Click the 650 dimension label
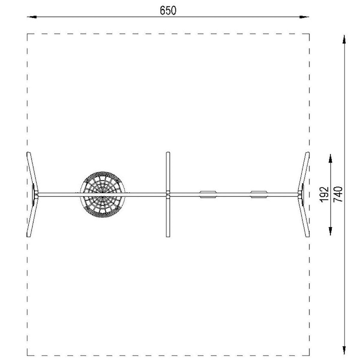pyautogui.click(x=168, y=10)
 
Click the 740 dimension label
pyautogui.click(x=338, y=194)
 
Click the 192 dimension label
pyautogui.click(x=324, y=194)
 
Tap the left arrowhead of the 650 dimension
pyautogui.click(x=32, y=17)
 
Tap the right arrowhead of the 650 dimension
pyautogui.click(x=304, y=17)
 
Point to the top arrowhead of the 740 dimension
pyautogui.click(x=344, y=39)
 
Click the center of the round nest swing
pyautogui.click(x=102, y=194)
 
